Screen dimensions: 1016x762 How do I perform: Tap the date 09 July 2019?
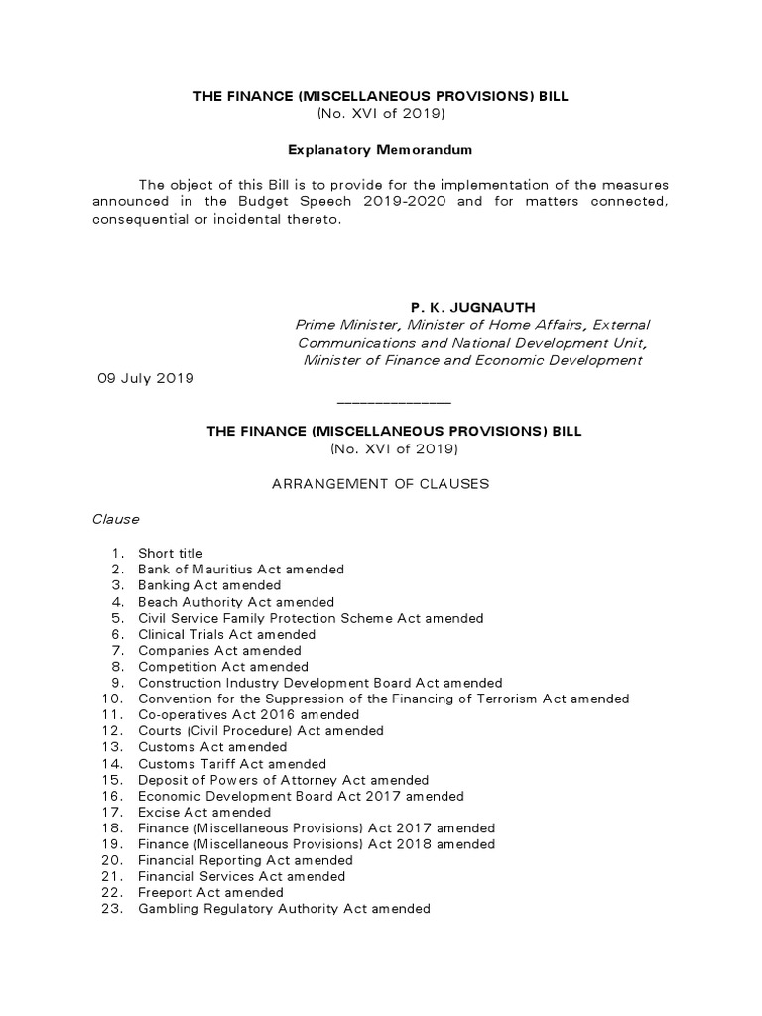click(145, 378)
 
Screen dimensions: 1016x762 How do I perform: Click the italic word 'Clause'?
click(116, 519)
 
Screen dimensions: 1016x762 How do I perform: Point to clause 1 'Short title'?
click(170, 553)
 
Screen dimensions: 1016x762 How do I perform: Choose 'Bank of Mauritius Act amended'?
click(241, 570)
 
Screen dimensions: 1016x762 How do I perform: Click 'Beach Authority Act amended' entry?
click(236, 602)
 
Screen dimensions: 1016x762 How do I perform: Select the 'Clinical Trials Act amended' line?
click(226, 634)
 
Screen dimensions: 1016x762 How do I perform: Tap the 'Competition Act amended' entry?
click(223, 667)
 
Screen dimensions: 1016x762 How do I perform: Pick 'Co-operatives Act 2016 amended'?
click(248, 714)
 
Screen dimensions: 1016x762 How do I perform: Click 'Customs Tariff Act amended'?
click(232, 764)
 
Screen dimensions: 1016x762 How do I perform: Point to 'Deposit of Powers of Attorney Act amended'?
click(283, 780)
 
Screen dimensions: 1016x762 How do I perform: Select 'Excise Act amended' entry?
click(204, 812)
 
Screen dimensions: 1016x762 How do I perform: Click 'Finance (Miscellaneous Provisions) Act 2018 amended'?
click(317, 844)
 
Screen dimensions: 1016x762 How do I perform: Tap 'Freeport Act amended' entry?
click(210, 892)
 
